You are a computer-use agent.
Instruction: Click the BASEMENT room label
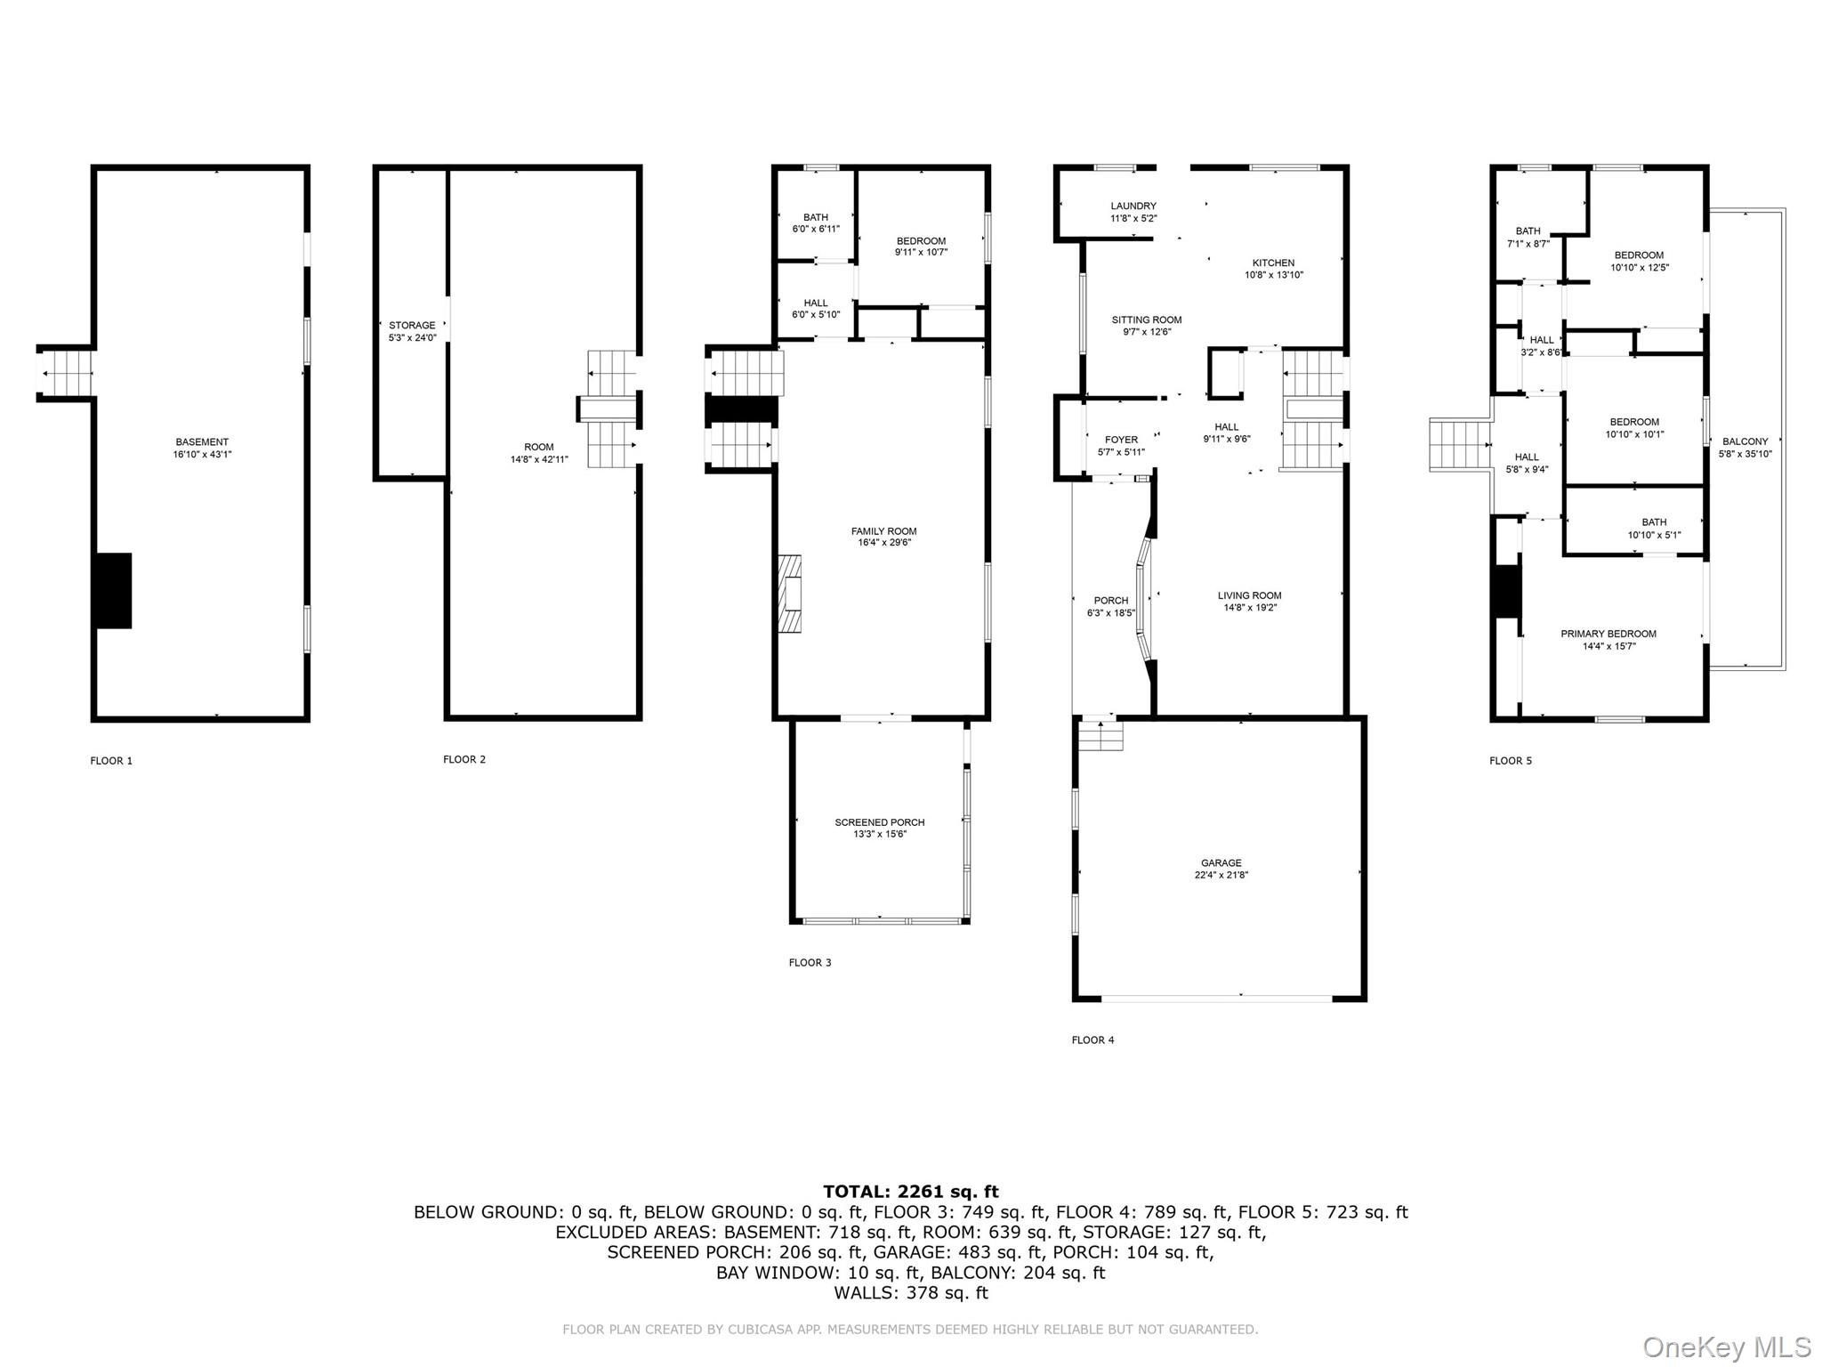point(202,441)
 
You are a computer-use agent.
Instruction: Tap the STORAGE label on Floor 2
point(412,326)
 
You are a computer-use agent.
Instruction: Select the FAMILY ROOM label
point(883,531)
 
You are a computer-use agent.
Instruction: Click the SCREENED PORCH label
point(880,822)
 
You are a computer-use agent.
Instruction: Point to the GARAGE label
point(1221,862)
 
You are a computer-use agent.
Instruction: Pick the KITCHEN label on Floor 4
point(1273,263)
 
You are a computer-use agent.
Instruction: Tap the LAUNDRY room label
point(1133,206)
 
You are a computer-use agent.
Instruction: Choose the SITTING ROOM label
point(1147,320)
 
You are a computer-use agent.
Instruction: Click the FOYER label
point(1121,440)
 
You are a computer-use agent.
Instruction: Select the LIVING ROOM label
point(1250,595)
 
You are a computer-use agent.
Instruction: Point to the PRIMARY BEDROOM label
point(1608,634)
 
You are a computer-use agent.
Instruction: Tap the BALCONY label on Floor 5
point(1745,441)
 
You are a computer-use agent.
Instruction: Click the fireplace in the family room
point(789,594)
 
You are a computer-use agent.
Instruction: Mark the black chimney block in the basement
point(113,591)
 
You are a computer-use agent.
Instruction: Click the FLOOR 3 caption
point(810,962)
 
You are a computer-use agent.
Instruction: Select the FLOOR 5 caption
point(1511,761)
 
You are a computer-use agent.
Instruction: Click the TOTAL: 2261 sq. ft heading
point(911,1192)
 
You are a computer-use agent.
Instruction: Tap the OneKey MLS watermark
point(1727,1347)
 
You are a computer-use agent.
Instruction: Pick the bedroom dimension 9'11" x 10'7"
point(921,252)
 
